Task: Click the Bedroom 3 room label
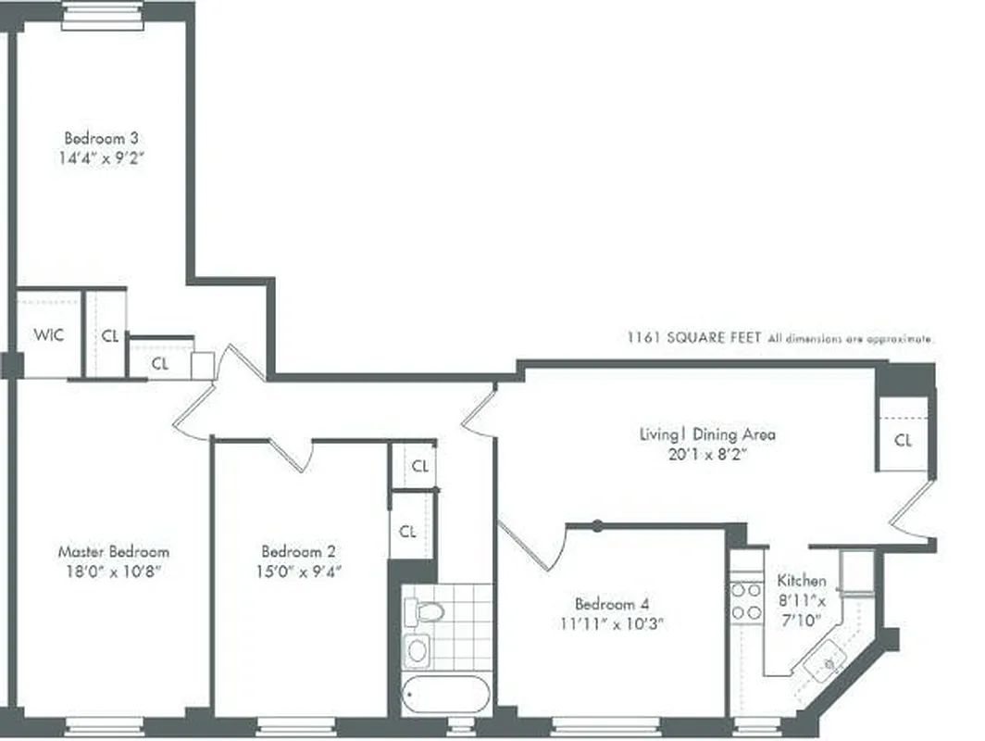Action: coord(101,139)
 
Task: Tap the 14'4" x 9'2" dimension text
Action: coord(101,157)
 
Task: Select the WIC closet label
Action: coord(49,334)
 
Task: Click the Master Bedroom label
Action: coord(113,552)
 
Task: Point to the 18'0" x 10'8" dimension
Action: coord(113,571)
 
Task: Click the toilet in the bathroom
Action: coord(429,610)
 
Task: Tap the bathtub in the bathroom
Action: coord(447,693)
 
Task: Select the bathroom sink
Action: coord(418,649)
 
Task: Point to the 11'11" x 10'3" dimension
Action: coord(612,623)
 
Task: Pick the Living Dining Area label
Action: coord(707,433)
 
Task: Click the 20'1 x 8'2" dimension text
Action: coord(707,454)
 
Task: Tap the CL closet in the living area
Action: coord(903,441)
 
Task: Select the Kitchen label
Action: coord(801,581)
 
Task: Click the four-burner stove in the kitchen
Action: coord(746,601)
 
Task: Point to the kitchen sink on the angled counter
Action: coord(823,661)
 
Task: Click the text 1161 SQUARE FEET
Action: coord(693,339)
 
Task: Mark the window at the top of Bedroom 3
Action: coord(102,15)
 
